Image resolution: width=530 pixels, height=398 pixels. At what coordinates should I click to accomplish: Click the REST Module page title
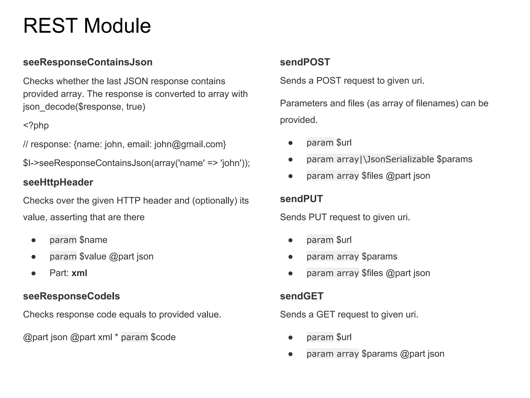click(87, 26)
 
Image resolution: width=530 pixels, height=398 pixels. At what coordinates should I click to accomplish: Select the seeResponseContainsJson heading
click(88, 62)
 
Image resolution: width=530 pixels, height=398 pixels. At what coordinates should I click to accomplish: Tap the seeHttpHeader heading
click(58, 182)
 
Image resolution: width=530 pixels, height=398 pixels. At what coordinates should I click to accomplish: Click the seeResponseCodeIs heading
click(71, 296)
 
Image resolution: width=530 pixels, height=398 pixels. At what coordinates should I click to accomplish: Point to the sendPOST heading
click(305, 62)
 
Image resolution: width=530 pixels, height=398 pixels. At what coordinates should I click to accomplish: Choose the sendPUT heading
click(301, 199)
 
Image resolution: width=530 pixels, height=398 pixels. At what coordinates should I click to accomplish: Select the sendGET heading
click(301, 296)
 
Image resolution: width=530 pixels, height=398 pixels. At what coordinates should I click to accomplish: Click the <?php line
click(36, 125)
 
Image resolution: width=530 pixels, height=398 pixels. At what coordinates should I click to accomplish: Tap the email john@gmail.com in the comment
click(190, 144)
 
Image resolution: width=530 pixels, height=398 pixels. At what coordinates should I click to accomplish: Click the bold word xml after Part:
click(79, 273)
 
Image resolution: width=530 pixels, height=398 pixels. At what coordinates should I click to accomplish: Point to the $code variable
click(163, 337)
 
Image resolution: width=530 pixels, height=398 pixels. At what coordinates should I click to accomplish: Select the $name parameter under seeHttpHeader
click(93, 240)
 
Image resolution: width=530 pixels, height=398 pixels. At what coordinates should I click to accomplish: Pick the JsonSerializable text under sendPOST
click(400, 159)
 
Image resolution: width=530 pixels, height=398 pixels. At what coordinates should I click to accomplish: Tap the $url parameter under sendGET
click(344, 337)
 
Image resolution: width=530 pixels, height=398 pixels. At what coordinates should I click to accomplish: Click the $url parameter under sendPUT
click(344, 240)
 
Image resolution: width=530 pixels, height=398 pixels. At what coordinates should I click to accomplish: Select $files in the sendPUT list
click(372, 273)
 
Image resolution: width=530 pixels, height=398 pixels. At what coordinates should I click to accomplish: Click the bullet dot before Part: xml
click(33, 273)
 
